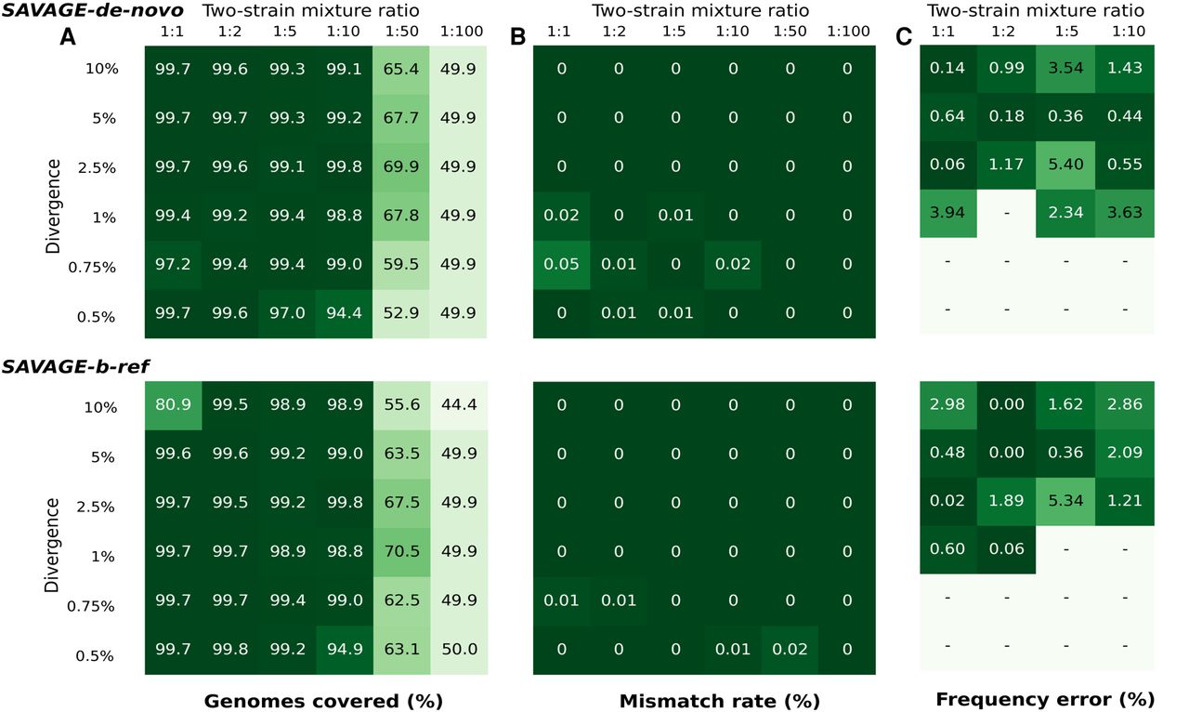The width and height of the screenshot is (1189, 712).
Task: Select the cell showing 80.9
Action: [x=173, y=406]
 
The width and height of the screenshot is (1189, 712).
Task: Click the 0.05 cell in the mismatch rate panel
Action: [x=561, y=264]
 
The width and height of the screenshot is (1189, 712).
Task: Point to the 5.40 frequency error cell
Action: [x=1065, y=165]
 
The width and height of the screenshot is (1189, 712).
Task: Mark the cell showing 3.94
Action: [x=947, y=215]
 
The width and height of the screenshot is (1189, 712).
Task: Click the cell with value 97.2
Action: [x=173, y=264]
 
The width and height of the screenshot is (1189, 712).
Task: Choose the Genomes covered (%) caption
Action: [x=323, y=699]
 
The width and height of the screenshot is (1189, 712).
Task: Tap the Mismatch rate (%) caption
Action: [x=706, y=699]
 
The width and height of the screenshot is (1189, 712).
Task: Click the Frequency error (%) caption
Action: [x=1044, y=699]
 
